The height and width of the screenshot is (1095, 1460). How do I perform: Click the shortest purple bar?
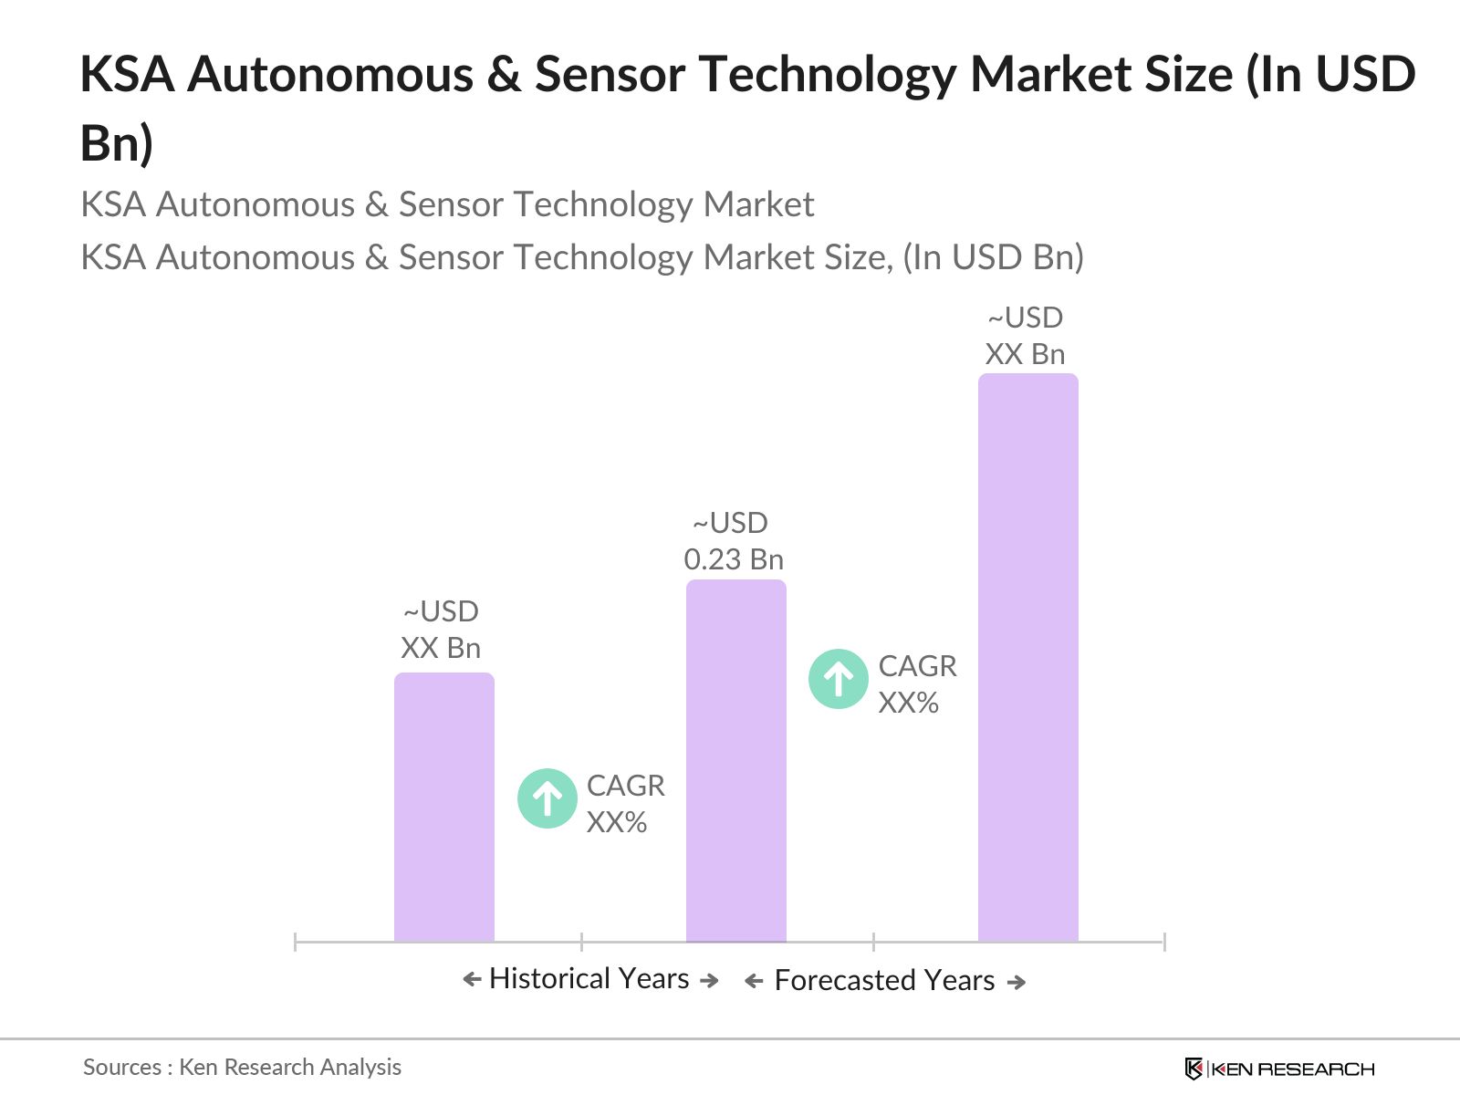click(443, 807)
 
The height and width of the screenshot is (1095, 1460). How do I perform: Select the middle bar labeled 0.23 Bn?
click(735, 761)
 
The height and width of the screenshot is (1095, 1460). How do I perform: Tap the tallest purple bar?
click(1027, 657)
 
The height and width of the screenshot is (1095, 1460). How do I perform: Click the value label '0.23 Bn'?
click(734, 559)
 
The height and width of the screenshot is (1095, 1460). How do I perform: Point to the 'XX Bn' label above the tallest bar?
click(1025, 354)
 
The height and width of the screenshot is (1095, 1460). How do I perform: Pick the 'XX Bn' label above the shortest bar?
click(441, 648)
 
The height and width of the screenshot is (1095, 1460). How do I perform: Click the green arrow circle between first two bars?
click(547, 798)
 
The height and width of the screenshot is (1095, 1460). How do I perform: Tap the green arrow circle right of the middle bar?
click(838, 679)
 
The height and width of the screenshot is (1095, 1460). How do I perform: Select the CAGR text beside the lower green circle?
click(625, 803)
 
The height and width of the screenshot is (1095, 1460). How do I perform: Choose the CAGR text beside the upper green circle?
click(917, 683)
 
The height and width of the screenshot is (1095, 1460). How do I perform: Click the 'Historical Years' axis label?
click(589, 978)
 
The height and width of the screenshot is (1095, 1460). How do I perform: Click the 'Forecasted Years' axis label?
click(884, 980)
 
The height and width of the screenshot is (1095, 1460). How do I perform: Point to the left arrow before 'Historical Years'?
click(472, 980)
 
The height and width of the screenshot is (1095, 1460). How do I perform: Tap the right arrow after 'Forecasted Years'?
click(1017, 982)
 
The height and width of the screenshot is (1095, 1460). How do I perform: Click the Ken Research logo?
click(1278, 1069)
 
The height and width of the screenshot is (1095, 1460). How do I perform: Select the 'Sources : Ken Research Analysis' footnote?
click(242, 1067)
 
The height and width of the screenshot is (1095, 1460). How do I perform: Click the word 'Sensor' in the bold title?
click(609, 74)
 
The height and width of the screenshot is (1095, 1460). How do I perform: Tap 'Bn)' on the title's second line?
click(117, 142)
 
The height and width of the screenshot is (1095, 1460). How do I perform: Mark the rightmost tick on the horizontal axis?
click(1163, 941)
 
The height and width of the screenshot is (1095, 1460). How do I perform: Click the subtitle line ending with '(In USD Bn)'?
click(582, 257)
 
